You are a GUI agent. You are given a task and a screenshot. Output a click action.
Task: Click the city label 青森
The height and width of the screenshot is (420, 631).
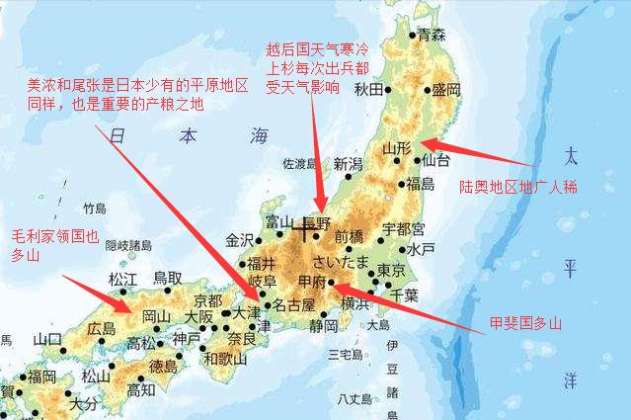coord(432,35)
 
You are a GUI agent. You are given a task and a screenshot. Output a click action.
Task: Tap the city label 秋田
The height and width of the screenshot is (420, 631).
coord(368,90)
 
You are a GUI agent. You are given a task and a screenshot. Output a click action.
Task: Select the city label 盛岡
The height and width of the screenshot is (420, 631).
coord(446,90)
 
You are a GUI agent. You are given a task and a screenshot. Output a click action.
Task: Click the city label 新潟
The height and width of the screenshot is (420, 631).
coord(348,164)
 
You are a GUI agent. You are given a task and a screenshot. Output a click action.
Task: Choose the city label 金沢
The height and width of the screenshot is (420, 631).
coord(240,239)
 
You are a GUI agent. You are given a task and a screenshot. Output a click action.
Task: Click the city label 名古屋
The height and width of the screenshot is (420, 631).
coord(292,304)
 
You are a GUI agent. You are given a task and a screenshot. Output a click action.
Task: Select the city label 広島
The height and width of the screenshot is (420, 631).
coord(102,328)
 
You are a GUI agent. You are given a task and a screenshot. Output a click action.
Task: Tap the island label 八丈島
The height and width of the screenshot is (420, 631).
coord(353,399)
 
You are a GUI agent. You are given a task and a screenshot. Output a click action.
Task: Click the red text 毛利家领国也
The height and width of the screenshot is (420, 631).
coord(55,237)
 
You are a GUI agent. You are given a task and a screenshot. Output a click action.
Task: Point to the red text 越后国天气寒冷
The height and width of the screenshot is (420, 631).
coord(311,49)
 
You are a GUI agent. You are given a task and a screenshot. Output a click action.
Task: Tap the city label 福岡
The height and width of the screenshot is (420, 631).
coord(41,376)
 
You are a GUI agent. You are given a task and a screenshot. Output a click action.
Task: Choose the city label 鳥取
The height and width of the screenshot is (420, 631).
coord(167,279)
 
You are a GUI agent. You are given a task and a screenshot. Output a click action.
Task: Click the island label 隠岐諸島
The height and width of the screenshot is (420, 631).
coord(128,245)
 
